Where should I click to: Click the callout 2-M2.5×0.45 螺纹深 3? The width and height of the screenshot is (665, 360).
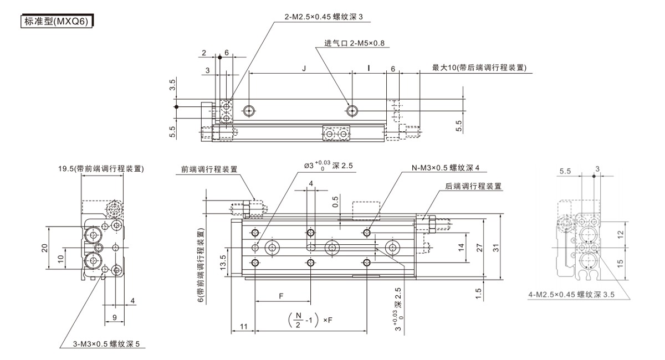click(323, 17)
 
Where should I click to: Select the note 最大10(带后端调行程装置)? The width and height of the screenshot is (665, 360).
click(479, 68)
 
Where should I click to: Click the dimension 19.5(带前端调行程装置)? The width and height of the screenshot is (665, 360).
click(102, 169)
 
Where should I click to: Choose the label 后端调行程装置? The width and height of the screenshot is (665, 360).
click(474, 187)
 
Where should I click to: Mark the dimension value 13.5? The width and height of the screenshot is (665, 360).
click(223, 260)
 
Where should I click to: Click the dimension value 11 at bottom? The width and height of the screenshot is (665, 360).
click(243, 326)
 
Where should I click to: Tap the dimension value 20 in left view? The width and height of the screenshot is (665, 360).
click(45, 247)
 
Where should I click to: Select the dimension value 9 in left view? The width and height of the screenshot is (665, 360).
click(114, 318)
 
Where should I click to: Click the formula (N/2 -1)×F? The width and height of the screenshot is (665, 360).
click(310, 320)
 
